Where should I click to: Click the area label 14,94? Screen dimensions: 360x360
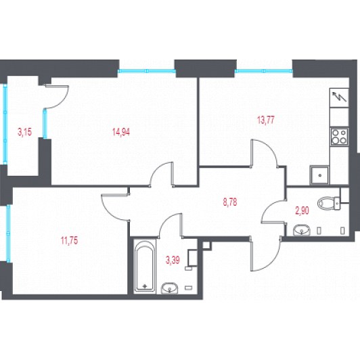click(121, 132)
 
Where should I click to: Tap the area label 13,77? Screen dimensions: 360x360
click(266, 120)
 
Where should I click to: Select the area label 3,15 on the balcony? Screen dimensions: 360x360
click(24, 132)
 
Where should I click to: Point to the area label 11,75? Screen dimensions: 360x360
click(69, 241)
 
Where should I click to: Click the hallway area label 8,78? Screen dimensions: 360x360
click(230, 202)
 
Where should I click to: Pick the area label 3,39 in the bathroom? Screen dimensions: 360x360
click(173, 260)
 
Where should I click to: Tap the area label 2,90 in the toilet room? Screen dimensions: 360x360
click(302, 210)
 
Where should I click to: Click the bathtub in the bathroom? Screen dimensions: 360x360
click(145, 266)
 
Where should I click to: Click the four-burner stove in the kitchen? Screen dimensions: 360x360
click(339, 137)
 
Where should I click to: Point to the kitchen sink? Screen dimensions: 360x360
click(319, 176)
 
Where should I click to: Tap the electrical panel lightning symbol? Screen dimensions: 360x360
click(339, 97)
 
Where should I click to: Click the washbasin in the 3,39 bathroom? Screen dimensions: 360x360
click(169, 288)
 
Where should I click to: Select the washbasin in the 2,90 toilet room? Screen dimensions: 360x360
click(301, 230)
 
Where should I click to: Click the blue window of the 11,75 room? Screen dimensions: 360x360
click(9, 233)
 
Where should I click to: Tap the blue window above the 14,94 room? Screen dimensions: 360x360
click(147, 71)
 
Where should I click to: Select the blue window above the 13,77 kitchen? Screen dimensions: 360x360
click(264, 71)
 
